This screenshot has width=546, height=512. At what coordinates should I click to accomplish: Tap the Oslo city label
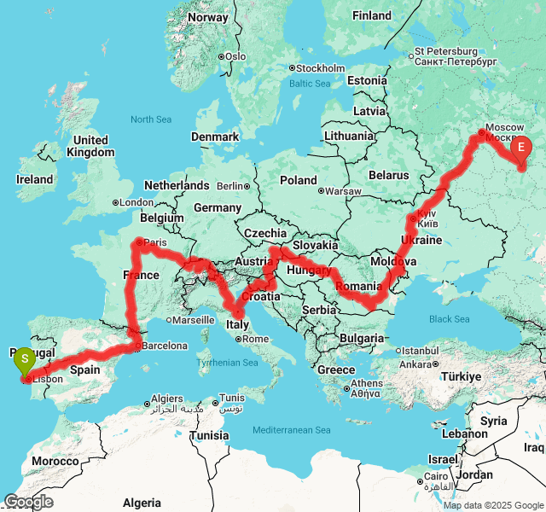pyautogui.click(x=235, y=56)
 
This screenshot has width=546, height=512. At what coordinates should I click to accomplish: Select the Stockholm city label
pyautogui.click(x=321, y=68)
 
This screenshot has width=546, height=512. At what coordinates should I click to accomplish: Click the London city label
pyautogui.click(x=136, y=202)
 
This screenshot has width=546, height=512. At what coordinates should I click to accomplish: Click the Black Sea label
pyautogui.click(x=450, y=319)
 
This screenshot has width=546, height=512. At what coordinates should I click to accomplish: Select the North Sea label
pyautogui.click(x=152, y=120)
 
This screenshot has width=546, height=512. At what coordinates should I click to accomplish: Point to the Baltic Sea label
pyautogui.click(x=309, y=84)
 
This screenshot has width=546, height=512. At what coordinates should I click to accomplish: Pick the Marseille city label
pyautogui.click(x=196, y=320)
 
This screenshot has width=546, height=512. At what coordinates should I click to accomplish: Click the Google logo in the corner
pyautogui.click(x=28, y=502)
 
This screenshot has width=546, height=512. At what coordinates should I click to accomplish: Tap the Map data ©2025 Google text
pyautogui.click(x=493, y=505)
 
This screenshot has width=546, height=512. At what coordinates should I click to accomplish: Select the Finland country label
pyautogui.click(x=371, y=15)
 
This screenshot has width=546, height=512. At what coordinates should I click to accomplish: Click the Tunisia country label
pyautogui.click(x=209, y=435)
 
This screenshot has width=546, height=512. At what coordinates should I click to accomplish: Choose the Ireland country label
pyautogui.click(x=34, y=180)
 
